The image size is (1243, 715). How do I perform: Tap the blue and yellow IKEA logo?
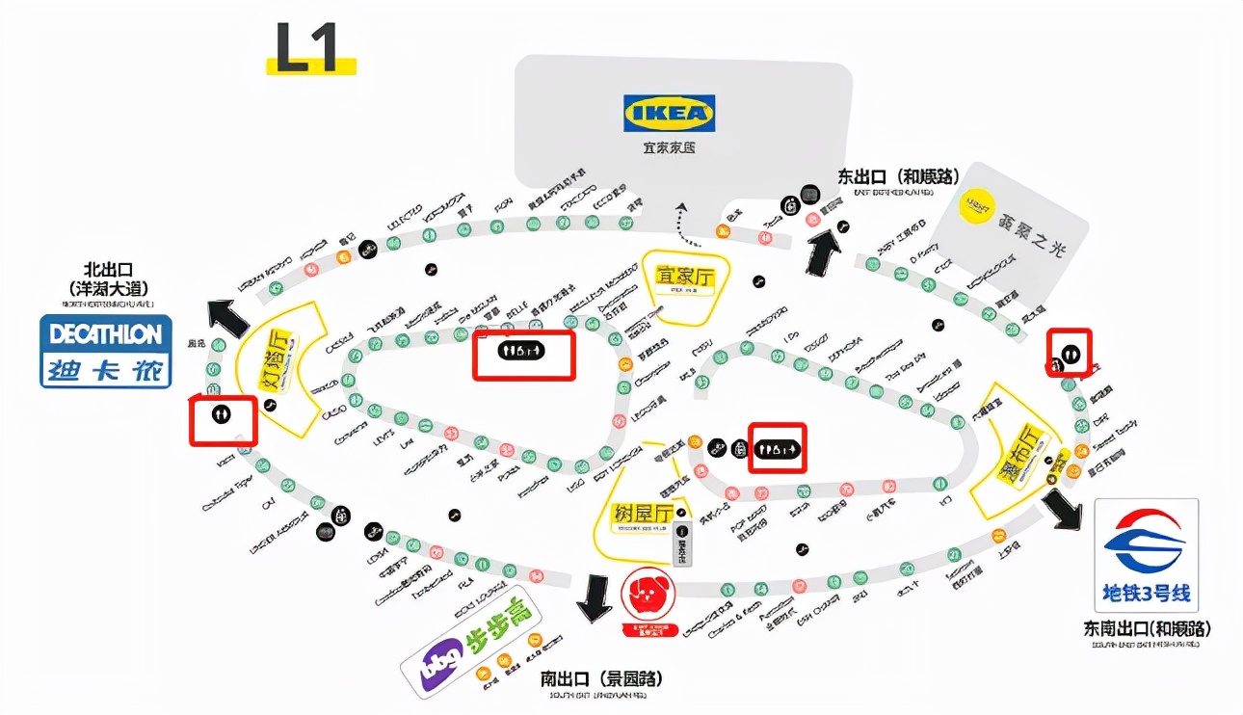[x=669, y=113]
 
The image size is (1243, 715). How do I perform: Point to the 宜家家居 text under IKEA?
[x=669, y=148]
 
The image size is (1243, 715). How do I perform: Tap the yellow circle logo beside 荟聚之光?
[x=979, y=205]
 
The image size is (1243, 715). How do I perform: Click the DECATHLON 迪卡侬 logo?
[x=106, y=351]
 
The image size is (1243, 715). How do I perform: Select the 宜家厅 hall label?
[x=685, y=278]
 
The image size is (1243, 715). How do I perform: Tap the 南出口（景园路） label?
[x=601, y=678]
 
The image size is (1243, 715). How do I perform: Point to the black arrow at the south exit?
[x=593, y=598]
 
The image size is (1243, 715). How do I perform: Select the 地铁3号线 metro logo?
[x=1146, y=555]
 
